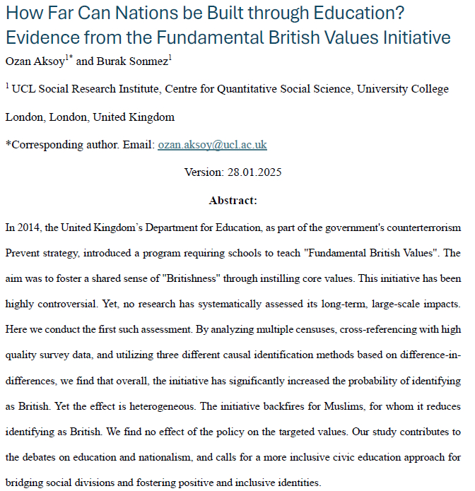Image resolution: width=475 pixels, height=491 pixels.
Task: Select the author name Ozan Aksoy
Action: [x=33, y=61]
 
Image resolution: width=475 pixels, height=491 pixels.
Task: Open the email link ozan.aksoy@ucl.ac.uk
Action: [x=212, y=145]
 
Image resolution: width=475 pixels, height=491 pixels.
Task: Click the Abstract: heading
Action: [x=233, y=201]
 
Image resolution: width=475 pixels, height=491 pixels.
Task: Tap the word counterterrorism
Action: [x=416, y=229]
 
